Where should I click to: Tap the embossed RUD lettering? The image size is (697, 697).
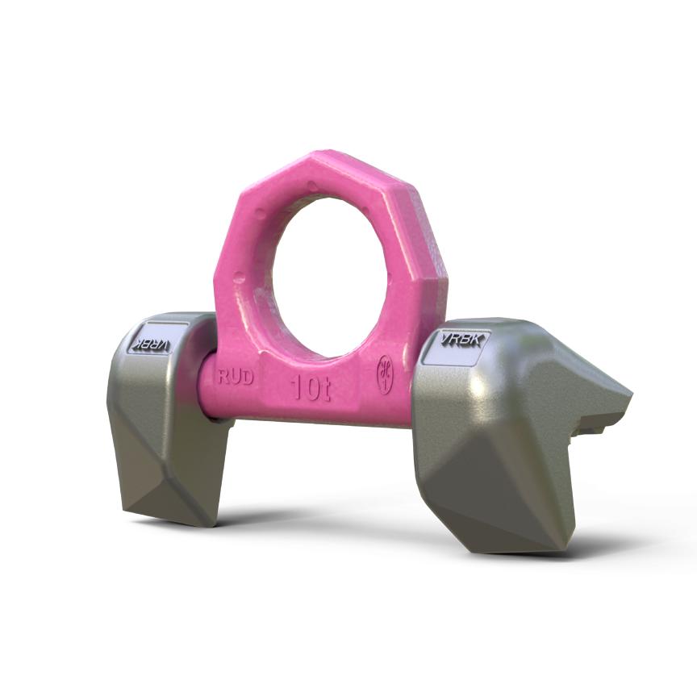point(236,377)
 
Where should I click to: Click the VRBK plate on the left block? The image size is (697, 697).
point(151,342)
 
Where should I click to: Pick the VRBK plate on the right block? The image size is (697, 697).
point(462,340)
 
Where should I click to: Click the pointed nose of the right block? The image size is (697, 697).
point(625,398)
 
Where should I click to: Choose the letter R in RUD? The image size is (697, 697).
point(223,377)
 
